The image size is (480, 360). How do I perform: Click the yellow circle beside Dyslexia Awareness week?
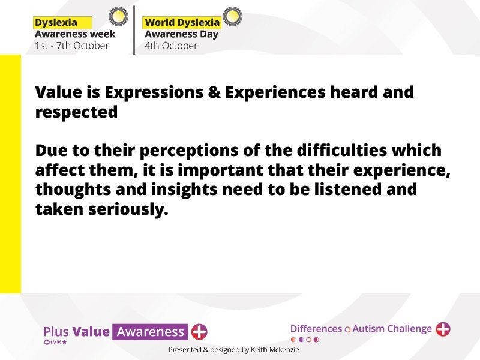pyautogui.click(x=118, y=16)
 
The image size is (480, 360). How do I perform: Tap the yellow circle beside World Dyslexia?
pyautogui.click(x=232, y=16)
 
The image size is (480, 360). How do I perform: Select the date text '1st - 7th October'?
pyautogui.click(x=72, y=46)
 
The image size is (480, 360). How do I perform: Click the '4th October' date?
pyautogui.click(x=171, y=46)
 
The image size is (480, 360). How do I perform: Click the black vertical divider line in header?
pyautogui.click(x=134, y=30)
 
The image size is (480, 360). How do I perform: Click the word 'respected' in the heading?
pyautogui.click(x=77, y=112)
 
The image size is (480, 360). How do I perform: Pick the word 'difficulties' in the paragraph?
pyautogui.click(x=342, y=151)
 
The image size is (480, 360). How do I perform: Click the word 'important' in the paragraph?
pyautogui.click(x=220, y=171)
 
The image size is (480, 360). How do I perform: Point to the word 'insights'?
pyautogui.click(x=184, y=190)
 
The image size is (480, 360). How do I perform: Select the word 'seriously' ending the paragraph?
pyautogui.click(x=128, y=210)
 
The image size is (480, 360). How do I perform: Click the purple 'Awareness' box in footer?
pyautogui.click(x=150, y=332)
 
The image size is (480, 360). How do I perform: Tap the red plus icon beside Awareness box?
pyautogui.click(x=199, y=332)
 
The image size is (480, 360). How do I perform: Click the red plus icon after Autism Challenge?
pyautogui.click(x=443, y=329)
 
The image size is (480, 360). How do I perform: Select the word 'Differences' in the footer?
pyautogui.click(x=316, y=329)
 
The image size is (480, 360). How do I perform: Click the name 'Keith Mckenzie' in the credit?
pyautogui.click(x=275, y=350)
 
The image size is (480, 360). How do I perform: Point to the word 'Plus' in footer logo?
pyautogui.click(x=56, y=332)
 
